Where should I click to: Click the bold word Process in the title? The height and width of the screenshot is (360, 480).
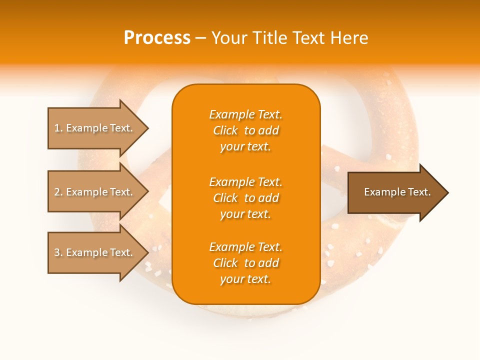click(157, 38)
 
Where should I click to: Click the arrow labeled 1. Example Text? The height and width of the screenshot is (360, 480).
click(95, 128)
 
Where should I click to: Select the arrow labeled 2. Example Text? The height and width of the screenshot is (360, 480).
click(95, 192)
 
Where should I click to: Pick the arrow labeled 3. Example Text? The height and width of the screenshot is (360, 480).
click(95, 252)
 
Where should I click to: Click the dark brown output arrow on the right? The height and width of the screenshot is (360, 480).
click(395, 192)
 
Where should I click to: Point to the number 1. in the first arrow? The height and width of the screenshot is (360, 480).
click(58, 128)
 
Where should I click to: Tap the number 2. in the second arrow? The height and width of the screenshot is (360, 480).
click(58, 192)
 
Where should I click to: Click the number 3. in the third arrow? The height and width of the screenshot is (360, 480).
click(58, 252)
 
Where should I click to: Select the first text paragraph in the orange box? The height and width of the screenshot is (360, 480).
click(245, 130)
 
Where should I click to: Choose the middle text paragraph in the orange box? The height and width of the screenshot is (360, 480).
click(245, 198)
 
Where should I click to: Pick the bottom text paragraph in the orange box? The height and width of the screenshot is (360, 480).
click(245, 263)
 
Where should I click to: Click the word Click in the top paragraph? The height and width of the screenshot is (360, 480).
click(225, 130)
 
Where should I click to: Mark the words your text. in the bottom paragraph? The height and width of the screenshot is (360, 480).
click(245, 279)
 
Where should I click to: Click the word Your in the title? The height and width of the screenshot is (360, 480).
click(229, 38)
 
